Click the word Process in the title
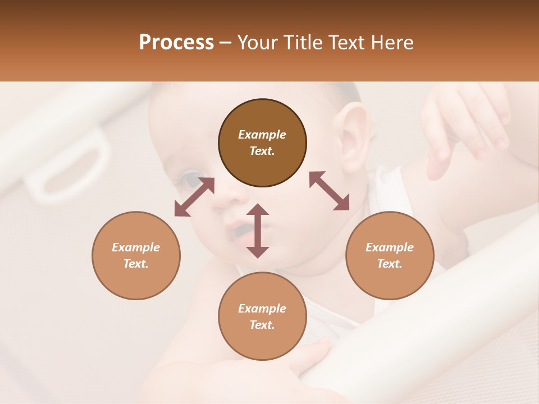tap(176, 43)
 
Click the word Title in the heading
tap(297, 43)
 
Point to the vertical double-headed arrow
tap(258, 231)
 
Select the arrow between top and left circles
tap(194, 197)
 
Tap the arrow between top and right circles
tap(329, 191)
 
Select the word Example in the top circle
tap(262, 135)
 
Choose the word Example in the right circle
tap(390, 247)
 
